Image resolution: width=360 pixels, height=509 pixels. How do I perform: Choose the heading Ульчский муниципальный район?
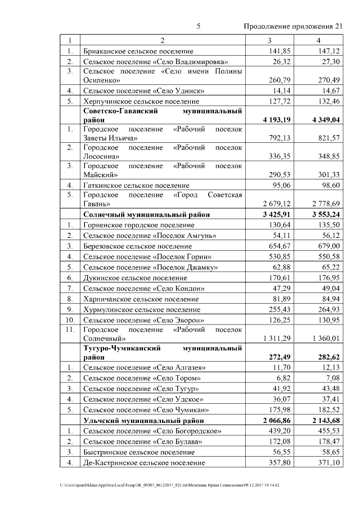[143, 420]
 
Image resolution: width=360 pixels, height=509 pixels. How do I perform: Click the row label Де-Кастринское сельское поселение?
[143, 462]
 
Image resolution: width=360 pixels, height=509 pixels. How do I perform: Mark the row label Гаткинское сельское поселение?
[136, 184]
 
